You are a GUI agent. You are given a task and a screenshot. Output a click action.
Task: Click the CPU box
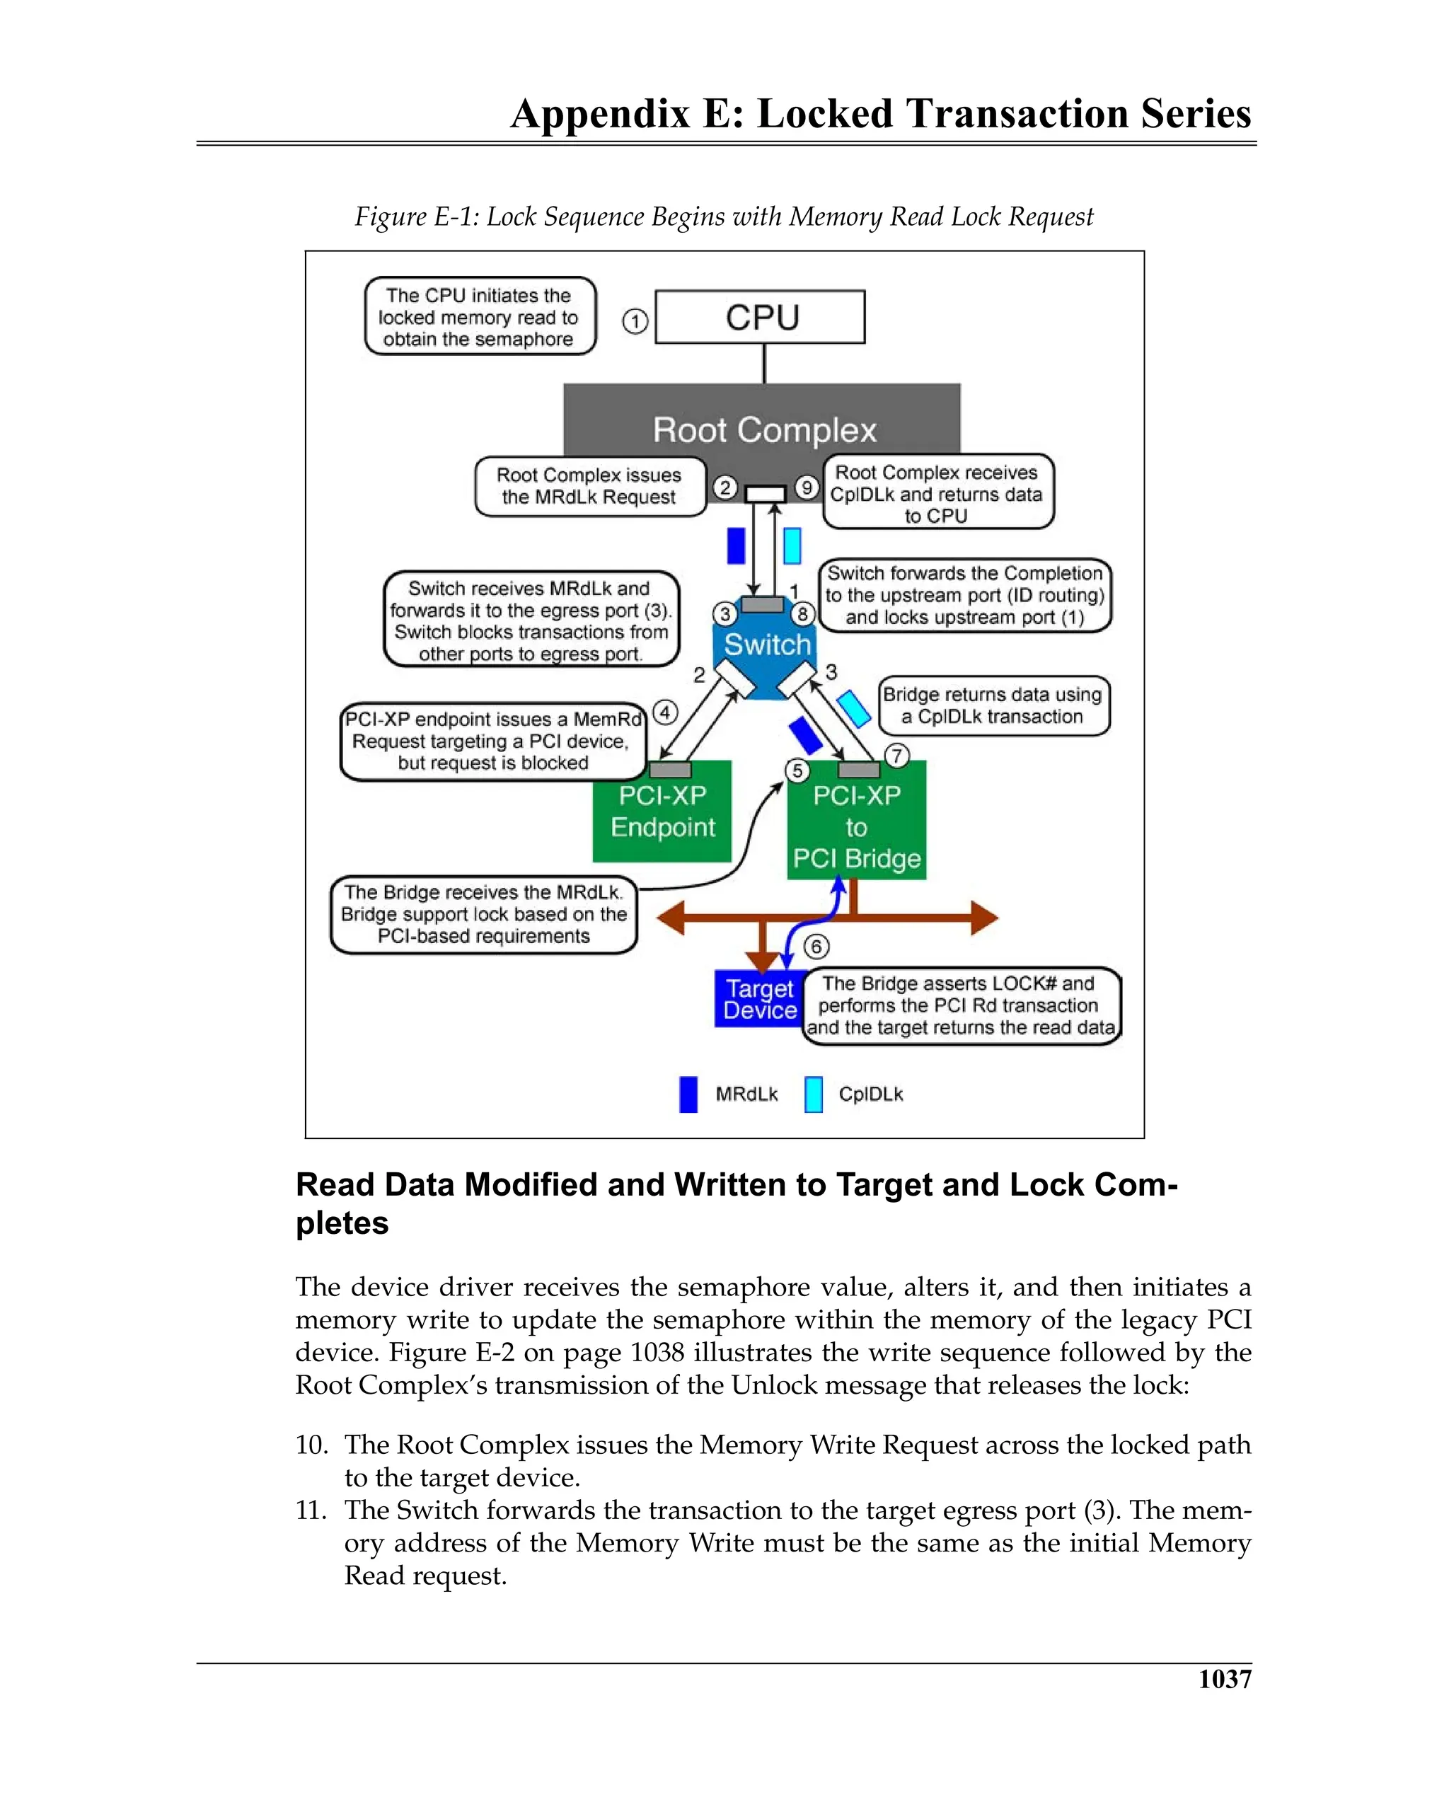pos(759,317)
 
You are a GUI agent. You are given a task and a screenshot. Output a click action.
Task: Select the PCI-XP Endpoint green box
pos(662,812)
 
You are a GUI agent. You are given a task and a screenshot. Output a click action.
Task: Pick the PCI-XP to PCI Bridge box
pos(856,827)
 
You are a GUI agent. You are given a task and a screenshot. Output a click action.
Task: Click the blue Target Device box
pos(759,999)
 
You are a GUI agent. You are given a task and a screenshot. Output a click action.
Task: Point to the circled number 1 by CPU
pos(635,321)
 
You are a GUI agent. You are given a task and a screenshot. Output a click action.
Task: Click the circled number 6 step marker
pos(815,947)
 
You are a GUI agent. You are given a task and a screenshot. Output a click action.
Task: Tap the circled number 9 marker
pos(806,487)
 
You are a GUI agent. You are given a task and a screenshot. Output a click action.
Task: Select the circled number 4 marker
pos(665,712)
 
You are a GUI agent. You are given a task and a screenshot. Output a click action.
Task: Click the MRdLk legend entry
pos(729,1094)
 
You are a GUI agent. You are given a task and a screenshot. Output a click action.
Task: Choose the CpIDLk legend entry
pos(853,1094)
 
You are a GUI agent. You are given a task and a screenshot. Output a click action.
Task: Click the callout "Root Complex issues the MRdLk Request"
pos(589,486)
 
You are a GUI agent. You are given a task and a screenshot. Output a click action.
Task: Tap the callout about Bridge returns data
pos(993,705)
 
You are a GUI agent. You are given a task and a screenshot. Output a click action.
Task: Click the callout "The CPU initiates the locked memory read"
pos(479,316)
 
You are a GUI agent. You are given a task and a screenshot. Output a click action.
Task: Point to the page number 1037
pos(1224,1679)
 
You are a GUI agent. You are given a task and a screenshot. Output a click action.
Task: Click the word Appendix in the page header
pos(600,115)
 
